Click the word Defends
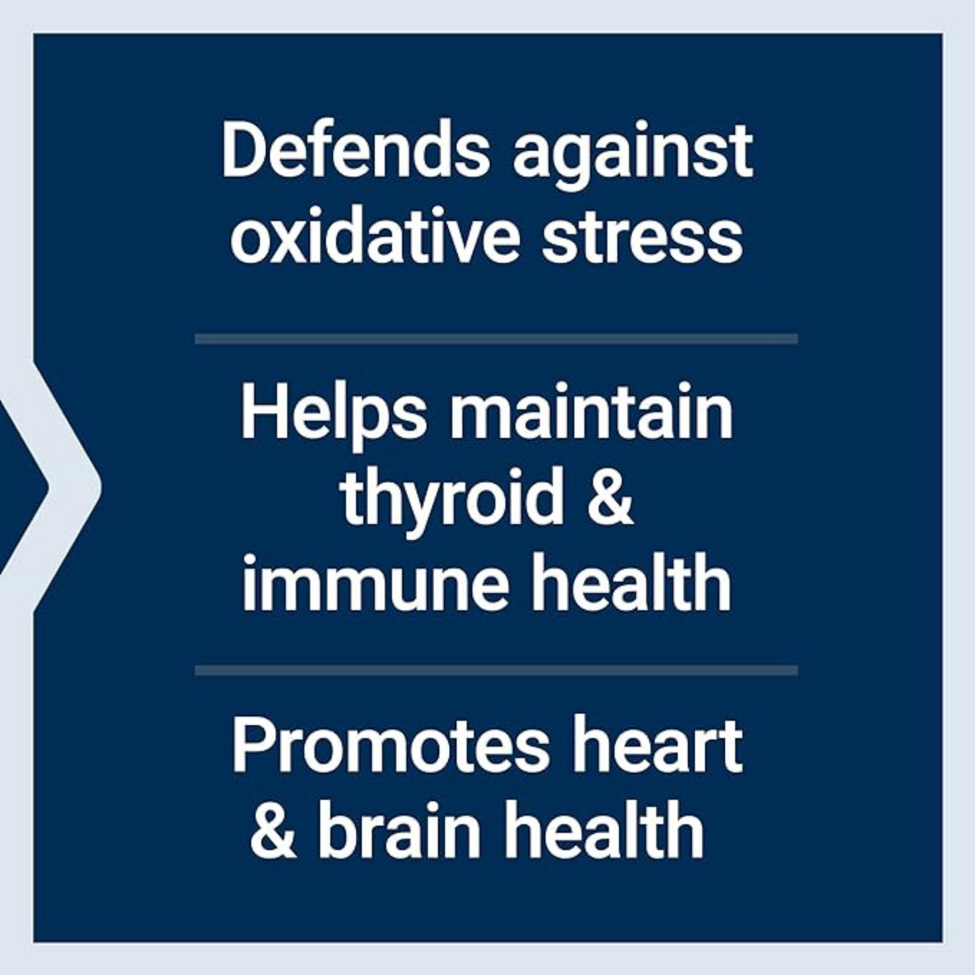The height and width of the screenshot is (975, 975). [x=356, y=149]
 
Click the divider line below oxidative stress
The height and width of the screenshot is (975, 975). [x=497, y=339]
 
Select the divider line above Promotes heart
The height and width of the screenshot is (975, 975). [x=497, y=671]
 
